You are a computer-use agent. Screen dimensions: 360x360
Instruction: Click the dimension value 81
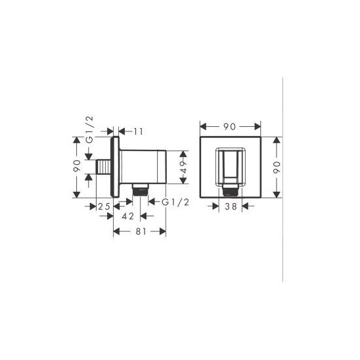pos(141,231)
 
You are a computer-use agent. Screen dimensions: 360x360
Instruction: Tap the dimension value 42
pos(128,216)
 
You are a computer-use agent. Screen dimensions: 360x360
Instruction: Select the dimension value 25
pos(104,207)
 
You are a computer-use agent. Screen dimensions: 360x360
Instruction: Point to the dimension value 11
pos(139,131)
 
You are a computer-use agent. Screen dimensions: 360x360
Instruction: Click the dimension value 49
pos(184,167)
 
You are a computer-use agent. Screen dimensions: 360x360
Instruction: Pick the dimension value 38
pos(231,206)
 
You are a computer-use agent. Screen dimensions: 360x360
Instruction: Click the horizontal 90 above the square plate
pos(229,127)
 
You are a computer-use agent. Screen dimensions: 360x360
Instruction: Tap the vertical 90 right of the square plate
pos(277,167)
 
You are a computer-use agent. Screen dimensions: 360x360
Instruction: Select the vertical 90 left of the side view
pos(77,166)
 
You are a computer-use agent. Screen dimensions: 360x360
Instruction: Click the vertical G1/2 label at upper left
pos(89,129)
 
